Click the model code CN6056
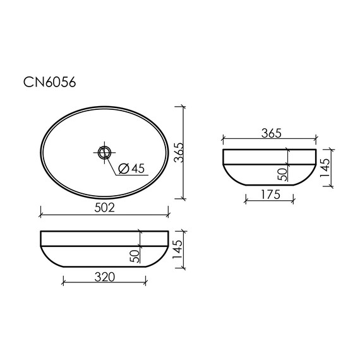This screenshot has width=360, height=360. pos(50,81)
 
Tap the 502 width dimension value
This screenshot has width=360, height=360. pos(104,208)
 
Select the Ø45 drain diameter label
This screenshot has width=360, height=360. pos(131,168)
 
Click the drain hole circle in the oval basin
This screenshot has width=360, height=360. pos(104,152)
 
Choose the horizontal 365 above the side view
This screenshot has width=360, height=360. pos(269,133)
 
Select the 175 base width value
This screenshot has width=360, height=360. pos(269,195)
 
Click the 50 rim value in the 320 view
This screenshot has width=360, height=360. pos(134,255)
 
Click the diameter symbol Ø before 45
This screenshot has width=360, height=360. pos(124,168)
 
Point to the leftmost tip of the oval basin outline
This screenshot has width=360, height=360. pos(40,152)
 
